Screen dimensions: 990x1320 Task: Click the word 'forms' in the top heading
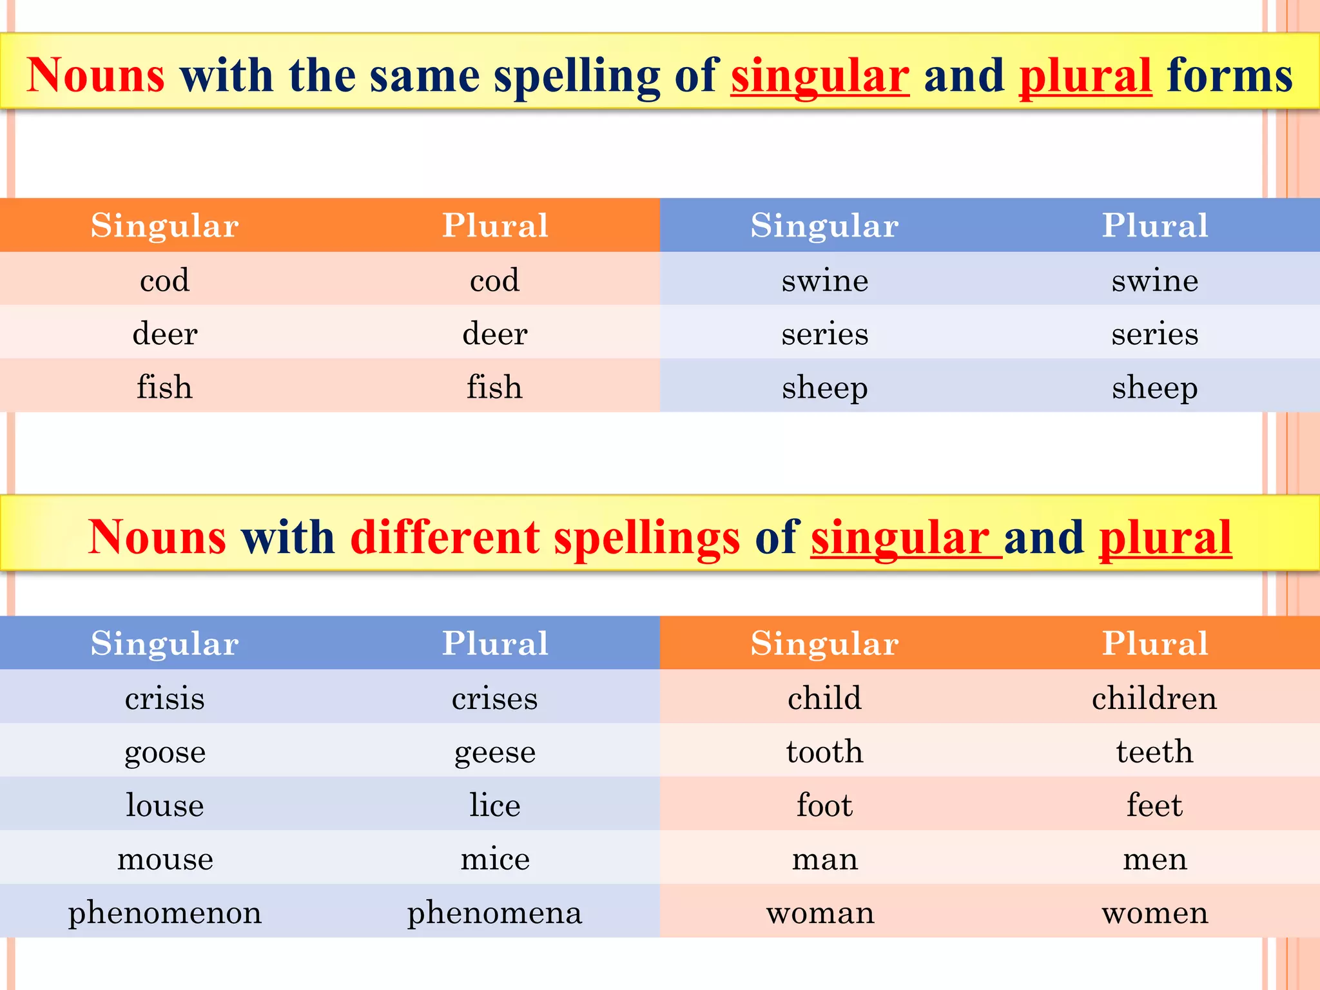1230,75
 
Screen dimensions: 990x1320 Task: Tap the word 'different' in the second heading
445,537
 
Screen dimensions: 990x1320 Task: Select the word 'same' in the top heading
425,75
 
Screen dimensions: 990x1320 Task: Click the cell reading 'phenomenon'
165,913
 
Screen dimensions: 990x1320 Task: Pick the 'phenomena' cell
494,913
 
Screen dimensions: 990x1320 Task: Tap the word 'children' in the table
1154,698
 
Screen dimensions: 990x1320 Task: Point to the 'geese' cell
494,752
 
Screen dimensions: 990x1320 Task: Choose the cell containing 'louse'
165,805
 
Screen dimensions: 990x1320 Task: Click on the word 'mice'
494,859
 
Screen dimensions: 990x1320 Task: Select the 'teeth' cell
1154,752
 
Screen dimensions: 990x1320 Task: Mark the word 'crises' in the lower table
494,699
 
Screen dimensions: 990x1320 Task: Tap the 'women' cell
1154,913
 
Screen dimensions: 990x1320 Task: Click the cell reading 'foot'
824,805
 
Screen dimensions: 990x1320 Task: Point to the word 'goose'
165,752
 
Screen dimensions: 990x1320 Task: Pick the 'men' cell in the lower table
1154,859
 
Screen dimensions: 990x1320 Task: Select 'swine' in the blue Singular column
824,280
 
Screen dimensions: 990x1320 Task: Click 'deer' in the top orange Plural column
494,334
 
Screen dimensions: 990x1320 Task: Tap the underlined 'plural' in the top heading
1085,75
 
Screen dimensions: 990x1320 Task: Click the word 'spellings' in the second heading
646,537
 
